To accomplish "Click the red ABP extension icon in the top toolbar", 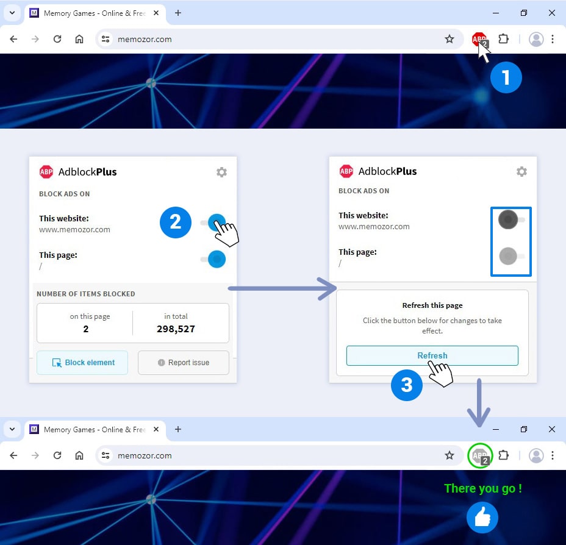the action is point(479,39).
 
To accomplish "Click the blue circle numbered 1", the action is point(506,77).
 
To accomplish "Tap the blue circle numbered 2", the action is point(176,222).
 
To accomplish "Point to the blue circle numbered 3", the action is point(406,385).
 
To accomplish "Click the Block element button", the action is point(82,363).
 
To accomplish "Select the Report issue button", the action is point(184,363).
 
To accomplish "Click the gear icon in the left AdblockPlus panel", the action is point(221,172).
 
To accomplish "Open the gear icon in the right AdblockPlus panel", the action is point(521,171).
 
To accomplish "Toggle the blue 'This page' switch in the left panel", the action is point(213,259).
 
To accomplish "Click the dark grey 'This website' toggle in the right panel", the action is point(510,219).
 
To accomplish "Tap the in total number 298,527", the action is point(176,329).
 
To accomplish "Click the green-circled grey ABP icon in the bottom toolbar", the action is point(480,455).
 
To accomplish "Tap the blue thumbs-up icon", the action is point(482,518).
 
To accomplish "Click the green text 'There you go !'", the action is point(483,488).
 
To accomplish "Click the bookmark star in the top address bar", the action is point(450,39).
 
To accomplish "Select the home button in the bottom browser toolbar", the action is point(79,455).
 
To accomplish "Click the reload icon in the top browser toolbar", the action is point(57,39).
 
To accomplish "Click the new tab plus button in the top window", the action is point(178,13).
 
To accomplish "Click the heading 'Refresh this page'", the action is point(432,305).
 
